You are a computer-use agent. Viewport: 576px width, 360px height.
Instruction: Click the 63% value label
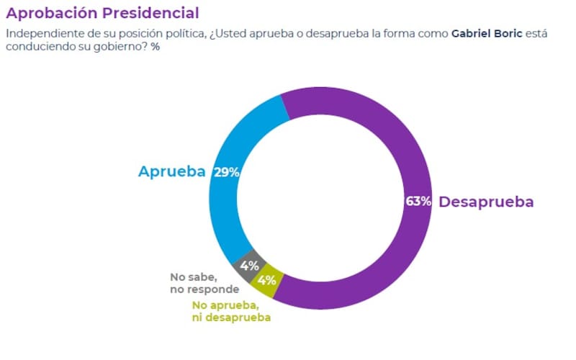click(x=418, y=202)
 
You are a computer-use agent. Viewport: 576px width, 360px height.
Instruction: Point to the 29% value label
click(x=226, y=172)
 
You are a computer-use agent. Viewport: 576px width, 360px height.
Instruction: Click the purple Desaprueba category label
click(x=486, y=202)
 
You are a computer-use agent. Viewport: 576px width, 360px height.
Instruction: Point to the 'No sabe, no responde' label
click(x=204, y=282)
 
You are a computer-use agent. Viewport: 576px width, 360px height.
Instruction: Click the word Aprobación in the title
click(x=50, y=13)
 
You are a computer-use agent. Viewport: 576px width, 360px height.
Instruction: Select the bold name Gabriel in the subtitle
click(x=474, y=34)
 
